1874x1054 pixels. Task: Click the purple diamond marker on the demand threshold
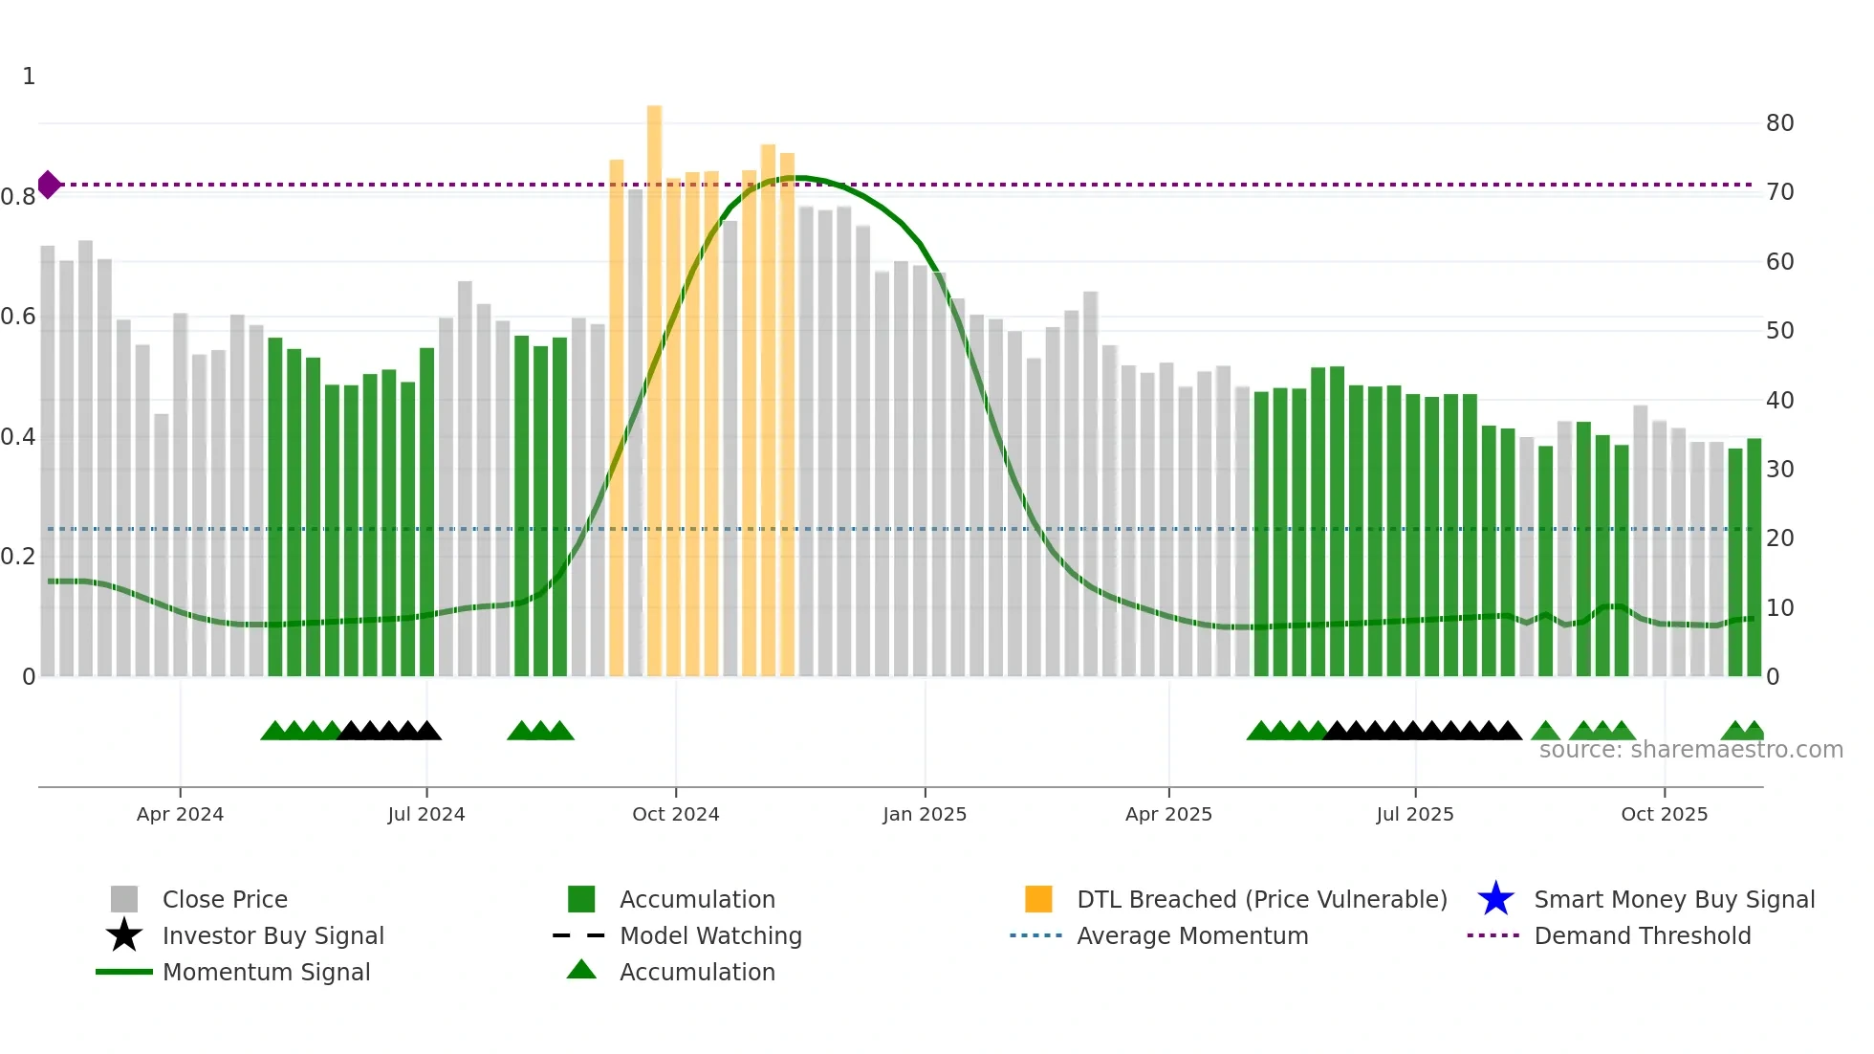(x=49, y=185)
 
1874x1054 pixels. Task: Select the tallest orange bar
(x=654, y=383)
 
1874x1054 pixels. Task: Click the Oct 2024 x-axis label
(x=675, y=814)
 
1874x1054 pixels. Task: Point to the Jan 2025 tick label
(x=924, y=814)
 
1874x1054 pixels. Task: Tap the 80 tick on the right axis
(x=1779, y=123)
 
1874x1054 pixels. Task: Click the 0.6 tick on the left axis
(x=18, y=317)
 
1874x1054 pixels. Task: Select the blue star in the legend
(x=1495, y=899)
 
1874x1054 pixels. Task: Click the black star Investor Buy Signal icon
(x=124, y=935)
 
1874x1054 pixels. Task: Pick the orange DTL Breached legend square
(x=1038, y=899)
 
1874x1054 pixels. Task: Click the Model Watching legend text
(x=710, y=935)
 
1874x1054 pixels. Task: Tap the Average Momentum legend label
(x=1192, y=935)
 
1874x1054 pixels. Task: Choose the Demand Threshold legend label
(x=1642, y=935)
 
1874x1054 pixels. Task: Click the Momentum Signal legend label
(x=266, y=972)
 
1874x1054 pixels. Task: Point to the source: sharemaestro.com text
(x=1690, y=750)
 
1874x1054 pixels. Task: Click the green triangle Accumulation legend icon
(x=581, y=971)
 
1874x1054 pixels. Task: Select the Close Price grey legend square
(x=124, y=899)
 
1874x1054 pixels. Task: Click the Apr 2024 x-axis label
(x=180, y=814)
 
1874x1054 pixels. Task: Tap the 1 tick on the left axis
(x=29, y=77)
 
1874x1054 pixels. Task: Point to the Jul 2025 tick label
(x=1414, y=814)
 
